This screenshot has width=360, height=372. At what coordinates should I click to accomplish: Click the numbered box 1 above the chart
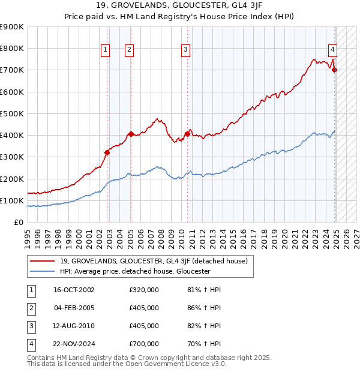[x=106, y=50]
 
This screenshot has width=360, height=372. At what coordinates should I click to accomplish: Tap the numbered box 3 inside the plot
[x=186, y=50]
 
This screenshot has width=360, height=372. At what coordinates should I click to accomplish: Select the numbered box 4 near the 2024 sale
[x=332, y=50]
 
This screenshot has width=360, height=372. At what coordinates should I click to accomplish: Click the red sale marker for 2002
[x=107, y=152]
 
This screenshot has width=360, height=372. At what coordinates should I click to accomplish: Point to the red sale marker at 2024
[x=335, y=70]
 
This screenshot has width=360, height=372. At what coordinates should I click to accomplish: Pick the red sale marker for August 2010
[x=187, y=134]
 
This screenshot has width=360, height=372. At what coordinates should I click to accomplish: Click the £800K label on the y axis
[x=11, y=48]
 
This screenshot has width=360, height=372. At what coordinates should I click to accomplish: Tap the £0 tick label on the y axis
[x=18, y=222]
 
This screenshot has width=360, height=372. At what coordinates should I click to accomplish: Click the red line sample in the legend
[x=43, y=260]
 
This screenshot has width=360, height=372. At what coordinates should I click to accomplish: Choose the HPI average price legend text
[x=134, y=271]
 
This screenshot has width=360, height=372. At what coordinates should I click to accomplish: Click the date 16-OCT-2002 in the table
[x=74, y=290]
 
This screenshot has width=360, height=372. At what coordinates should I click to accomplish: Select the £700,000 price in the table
[x=144, y=344]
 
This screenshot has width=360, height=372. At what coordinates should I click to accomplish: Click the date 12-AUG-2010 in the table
[x=74, y=326]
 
